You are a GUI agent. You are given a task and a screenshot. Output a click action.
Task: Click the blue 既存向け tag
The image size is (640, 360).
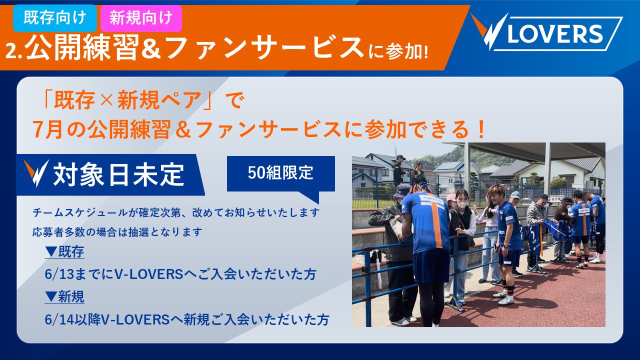[x=55, y=18]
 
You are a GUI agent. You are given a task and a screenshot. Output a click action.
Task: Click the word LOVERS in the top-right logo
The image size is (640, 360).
[x=555, y=33]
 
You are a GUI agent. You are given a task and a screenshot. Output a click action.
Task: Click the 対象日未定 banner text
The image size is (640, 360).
[x=118, y=174]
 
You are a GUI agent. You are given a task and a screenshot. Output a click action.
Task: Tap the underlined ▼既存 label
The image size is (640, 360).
[x=64, y=251]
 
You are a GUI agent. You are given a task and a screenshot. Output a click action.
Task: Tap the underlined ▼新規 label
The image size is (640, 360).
[x=64, y=296]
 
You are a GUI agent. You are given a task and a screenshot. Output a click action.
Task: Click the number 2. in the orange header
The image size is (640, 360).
[x=13, y=51]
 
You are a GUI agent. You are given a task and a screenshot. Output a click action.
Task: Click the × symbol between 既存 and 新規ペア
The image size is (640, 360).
[x=106, y=100]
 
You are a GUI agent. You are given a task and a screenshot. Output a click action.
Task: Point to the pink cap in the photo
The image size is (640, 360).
[x=451, y=197]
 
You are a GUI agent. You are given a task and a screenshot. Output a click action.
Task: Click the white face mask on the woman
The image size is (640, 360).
[x=462, y=205]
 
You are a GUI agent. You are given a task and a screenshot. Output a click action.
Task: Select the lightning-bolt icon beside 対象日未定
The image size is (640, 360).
[x=36, y=173]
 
